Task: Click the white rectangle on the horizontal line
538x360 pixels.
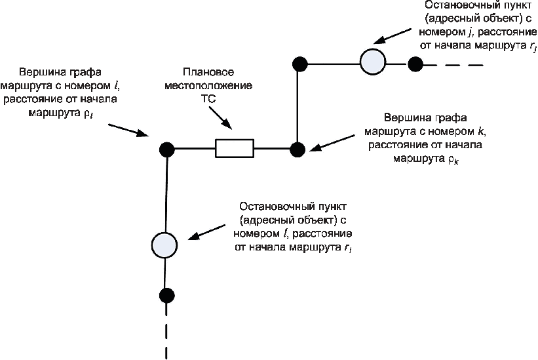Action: click(234, 149)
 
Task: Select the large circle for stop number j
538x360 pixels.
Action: click(373, 62)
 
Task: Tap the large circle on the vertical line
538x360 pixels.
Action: click(164, 245)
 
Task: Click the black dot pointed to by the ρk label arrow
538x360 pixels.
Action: click(298, 150)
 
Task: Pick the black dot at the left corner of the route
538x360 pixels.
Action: click(165, 150)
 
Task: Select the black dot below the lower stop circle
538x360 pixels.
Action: click(166, 294)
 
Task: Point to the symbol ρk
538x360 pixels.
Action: click(452, 159)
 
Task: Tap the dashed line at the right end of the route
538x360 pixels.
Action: click(459, 64)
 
